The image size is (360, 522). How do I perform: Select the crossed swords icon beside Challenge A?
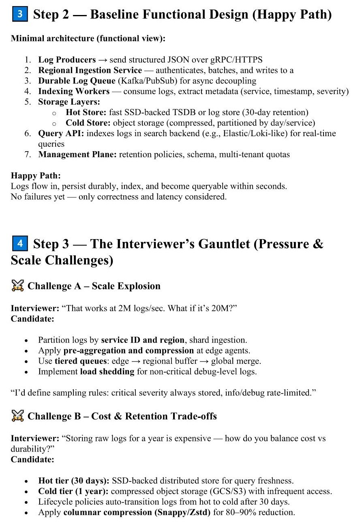[17, 286]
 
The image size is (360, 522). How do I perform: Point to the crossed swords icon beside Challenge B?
[17, 416]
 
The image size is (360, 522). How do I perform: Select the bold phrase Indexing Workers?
[74, 91]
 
